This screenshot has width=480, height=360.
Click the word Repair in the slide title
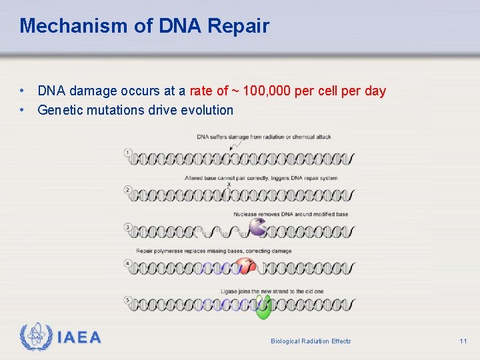[x=239, y=26]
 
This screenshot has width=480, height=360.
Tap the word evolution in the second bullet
[x=207, y=110]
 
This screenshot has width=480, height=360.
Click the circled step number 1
[x=128, y=153]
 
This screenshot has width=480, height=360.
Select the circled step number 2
[x=128, y=190]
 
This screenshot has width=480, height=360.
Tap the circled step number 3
[x=128, y=227]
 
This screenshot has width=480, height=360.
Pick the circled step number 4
[x=128, y=264]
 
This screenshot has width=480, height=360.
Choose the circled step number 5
[x=128, y=301]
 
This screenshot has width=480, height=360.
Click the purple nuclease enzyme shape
[x=257, y=228]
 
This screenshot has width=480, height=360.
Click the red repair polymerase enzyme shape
[x=247, y=266]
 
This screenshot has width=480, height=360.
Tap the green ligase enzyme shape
[x=264, y=307]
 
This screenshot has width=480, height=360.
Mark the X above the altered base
[x=229, y=185]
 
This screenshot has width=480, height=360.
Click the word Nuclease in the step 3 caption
[x=246, y=214]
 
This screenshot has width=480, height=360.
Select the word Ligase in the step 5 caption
[x=230, y=291]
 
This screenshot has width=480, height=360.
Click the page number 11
[x=463, y=341]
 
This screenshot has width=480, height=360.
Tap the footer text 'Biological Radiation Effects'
[x=311, y=341]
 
